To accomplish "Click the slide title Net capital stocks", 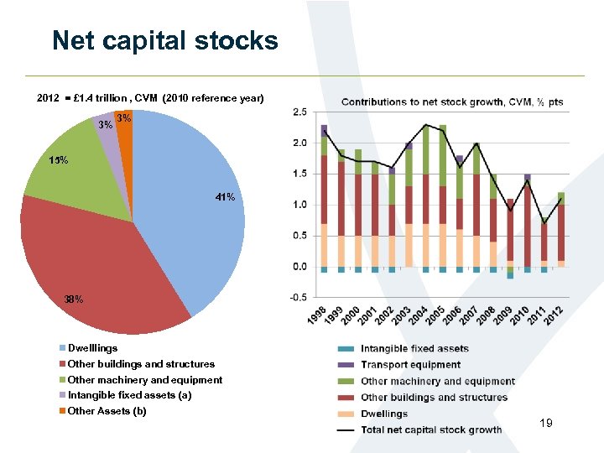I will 164,40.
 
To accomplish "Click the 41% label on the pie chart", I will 225,198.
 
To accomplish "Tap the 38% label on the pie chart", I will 74,299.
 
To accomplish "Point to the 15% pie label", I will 59,159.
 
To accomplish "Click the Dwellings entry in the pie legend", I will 92,348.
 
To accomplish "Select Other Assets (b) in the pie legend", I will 107,411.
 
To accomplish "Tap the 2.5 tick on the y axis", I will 299,112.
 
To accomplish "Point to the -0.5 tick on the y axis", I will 297,297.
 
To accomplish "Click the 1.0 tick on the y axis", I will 299,205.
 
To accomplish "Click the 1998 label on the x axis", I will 318,317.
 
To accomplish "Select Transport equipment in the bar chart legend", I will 410,365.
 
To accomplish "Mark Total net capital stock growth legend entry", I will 431,430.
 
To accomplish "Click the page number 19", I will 546,424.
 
